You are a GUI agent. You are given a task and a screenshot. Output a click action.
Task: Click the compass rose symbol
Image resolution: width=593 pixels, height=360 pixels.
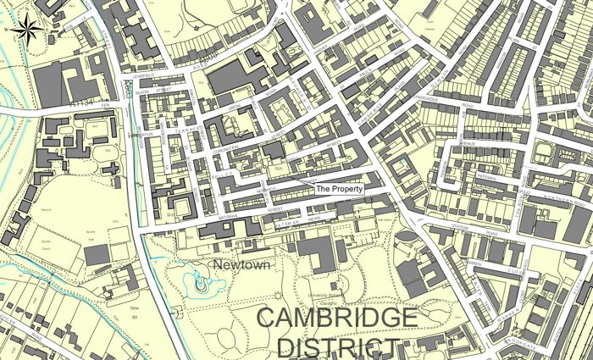click(29, 30)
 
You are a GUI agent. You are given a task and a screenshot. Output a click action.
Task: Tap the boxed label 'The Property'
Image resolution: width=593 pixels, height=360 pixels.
click(339, 189)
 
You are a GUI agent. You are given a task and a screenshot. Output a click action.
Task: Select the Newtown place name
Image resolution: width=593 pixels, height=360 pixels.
click(241, 265)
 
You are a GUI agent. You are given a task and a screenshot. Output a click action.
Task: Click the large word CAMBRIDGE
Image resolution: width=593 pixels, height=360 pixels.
click(336, 319)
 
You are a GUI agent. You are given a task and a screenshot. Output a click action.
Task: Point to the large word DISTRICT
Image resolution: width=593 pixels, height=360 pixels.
click(338, 348)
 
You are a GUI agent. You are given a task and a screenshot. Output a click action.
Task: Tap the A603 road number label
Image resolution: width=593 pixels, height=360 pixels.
click(128, 88)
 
